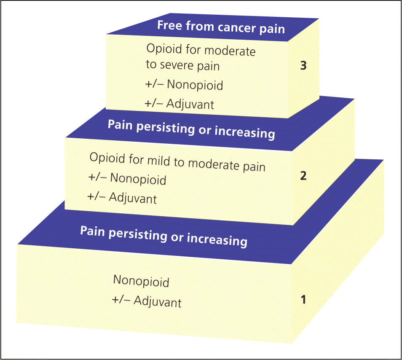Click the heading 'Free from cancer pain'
[221, 27]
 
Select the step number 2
[303, 176]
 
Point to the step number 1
[303, 300]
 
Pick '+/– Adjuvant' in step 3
[180, 103]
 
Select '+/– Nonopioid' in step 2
[127, 179]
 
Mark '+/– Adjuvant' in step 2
[122, 197]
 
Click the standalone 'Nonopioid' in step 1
[141, 281]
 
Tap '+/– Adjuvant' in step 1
[147, 302]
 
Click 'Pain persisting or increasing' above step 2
[191, 129]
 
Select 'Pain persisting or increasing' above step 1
[163, 236]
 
